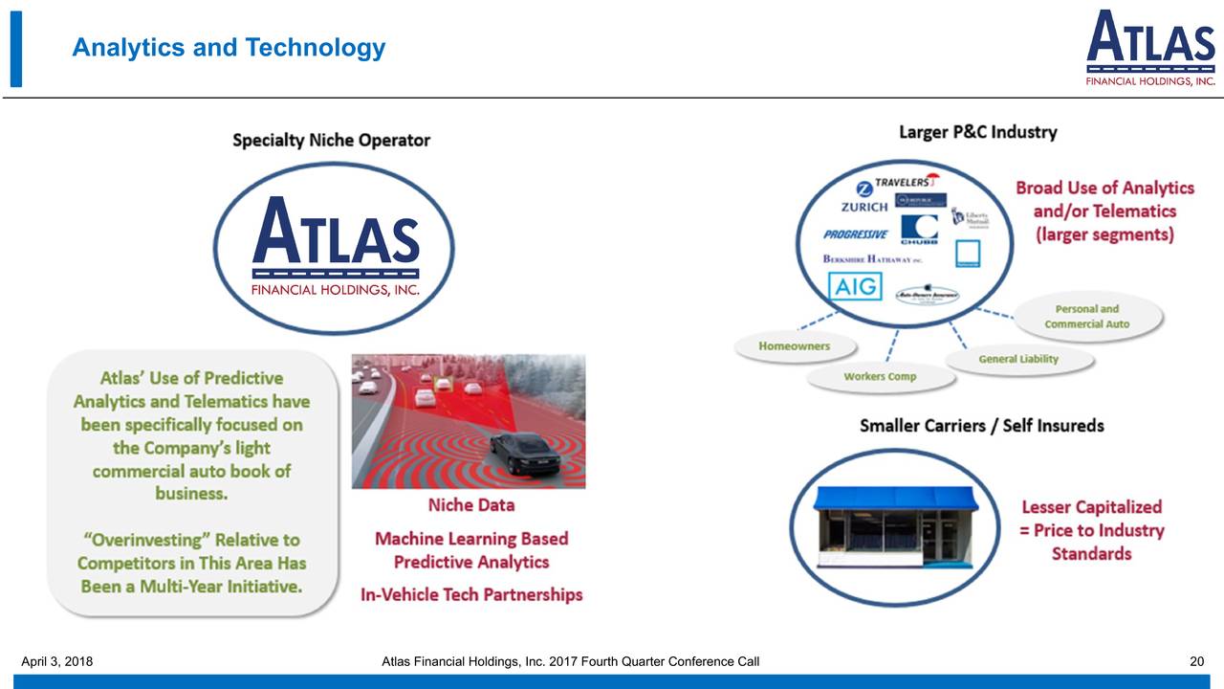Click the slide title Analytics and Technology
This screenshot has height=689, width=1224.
229,48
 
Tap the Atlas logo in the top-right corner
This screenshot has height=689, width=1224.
1150,49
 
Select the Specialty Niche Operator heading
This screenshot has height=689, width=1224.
331,141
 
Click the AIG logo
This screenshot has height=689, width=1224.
855,286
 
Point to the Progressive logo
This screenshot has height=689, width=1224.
855,234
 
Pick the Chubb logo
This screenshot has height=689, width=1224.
918,231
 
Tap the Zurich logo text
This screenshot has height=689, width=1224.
864,207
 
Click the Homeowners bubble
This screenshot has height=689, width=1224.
794,345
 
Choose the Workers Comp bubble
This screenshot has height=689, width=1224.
880,376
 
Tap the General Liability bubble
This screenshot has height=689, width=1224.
1018,359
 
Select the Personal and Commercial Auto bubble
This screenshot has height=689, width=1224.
1086,317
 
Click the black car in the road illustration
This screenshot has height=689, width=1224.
525,452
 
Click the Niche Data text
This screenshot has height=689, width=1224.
470,505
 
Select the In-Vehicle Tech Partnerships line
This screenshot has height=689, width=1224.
470,594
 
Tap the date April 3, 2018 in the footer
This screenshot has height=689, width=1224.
56,661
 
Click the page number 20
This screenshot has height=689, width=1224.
1196,661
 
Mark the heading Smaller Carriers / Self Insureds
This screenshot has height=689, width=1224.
981,426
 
